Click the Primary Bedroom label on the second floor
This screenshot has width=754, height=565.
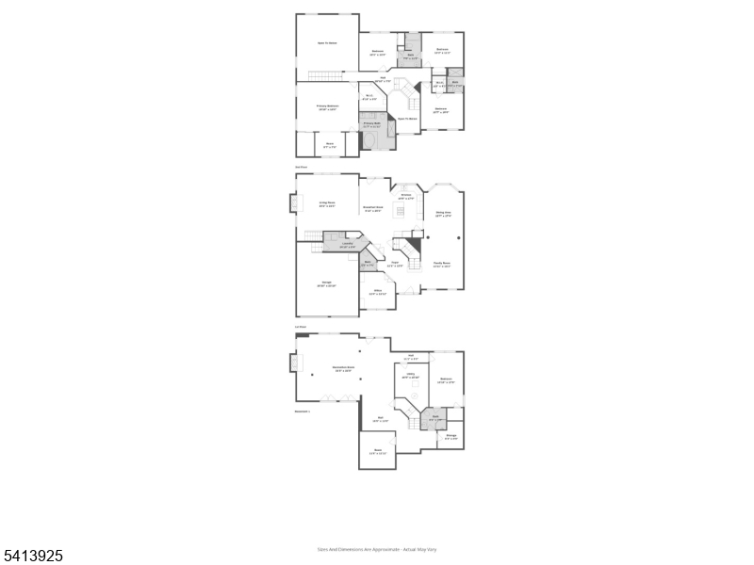click(327, 108)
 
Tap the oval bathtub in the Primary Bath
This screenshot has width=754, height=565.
click(371, 140)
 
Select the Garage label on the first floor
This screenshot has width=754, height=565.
click(327, 284)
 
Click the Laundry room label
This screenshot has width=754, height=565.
click(347, 246)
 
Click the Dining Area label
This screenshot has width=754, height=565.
click(442, 215)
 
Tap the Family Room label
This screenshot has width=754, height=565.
click(441, 266)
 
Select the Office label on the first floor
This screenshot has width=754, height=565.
click(377, 293)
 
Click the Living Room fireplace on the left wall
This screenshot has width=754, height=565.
click(293, 203)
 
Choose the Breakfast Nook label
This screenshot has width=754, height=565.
click(372, 208)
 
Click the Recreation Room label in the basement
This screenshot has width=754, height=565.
click(342, 368)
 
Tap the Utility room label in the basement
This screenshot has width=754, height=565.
click(411, 376)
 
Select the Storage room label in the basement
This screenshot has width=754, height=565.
click(451, 437)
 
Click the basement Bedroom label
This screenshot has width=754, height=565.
click(447, 380)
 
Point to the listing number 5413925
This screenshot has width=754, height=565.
click(32, 557)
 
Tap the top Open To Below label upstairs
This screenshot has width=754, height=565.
click(327, 43)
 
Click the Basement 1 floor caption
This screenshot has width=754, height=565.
click(303, 412)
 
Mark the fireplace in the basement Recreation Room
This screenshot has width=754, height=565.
click(293, 362)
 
